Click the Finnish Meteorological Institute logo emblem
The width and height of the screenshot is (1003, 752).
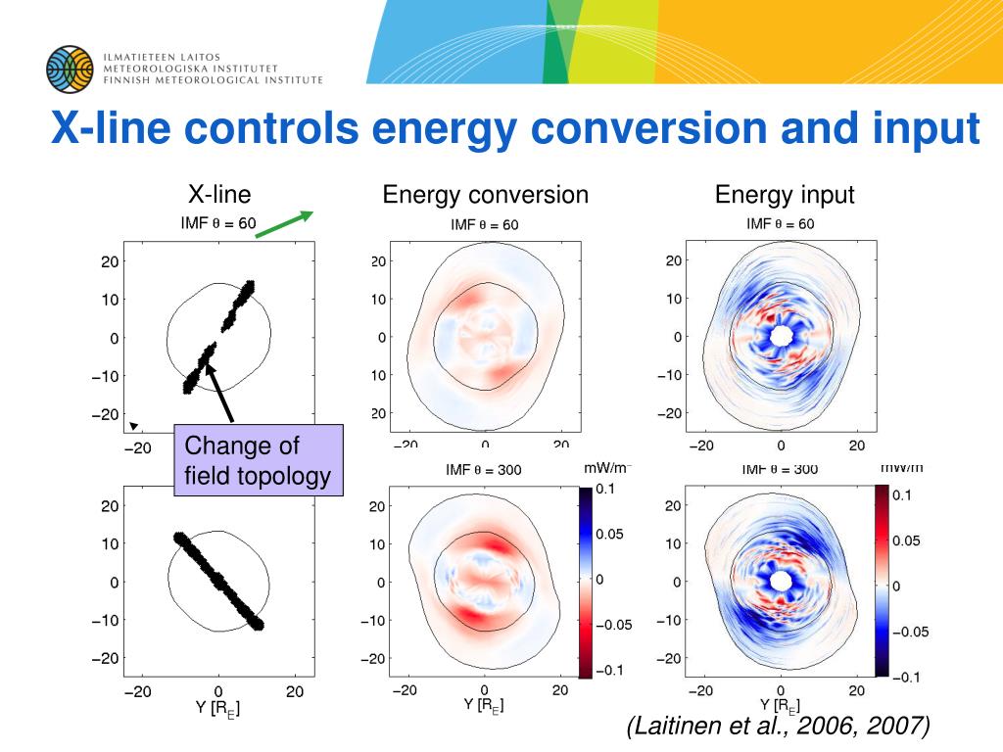(69, 69)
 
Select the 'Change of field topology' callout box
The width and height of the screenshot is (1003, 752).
(259, 461)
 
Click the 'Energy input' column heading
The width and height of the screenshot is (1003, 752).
(785, 195)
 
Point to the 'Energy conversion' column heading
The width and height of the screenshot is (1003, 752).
(485, 195)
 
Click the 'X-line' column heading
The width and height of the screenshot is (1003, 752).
(219, 194)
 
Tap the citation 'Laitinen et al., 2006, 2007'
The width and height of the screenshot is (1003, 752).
(778, 726)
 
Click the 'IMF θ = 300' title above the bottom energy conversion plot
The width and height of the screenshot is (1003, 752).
(484, 470)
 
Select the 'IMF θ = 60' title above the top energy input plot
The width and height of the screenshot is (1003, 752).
(781, 224)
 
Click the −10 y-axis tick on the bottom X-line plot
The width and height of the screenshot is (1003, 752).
(107, 620)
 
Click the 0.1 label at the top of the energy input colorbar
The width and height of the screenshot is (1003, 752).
(902, 495)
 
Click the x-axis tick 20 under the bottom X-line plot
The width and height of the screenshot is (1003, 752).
(295, 691)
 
